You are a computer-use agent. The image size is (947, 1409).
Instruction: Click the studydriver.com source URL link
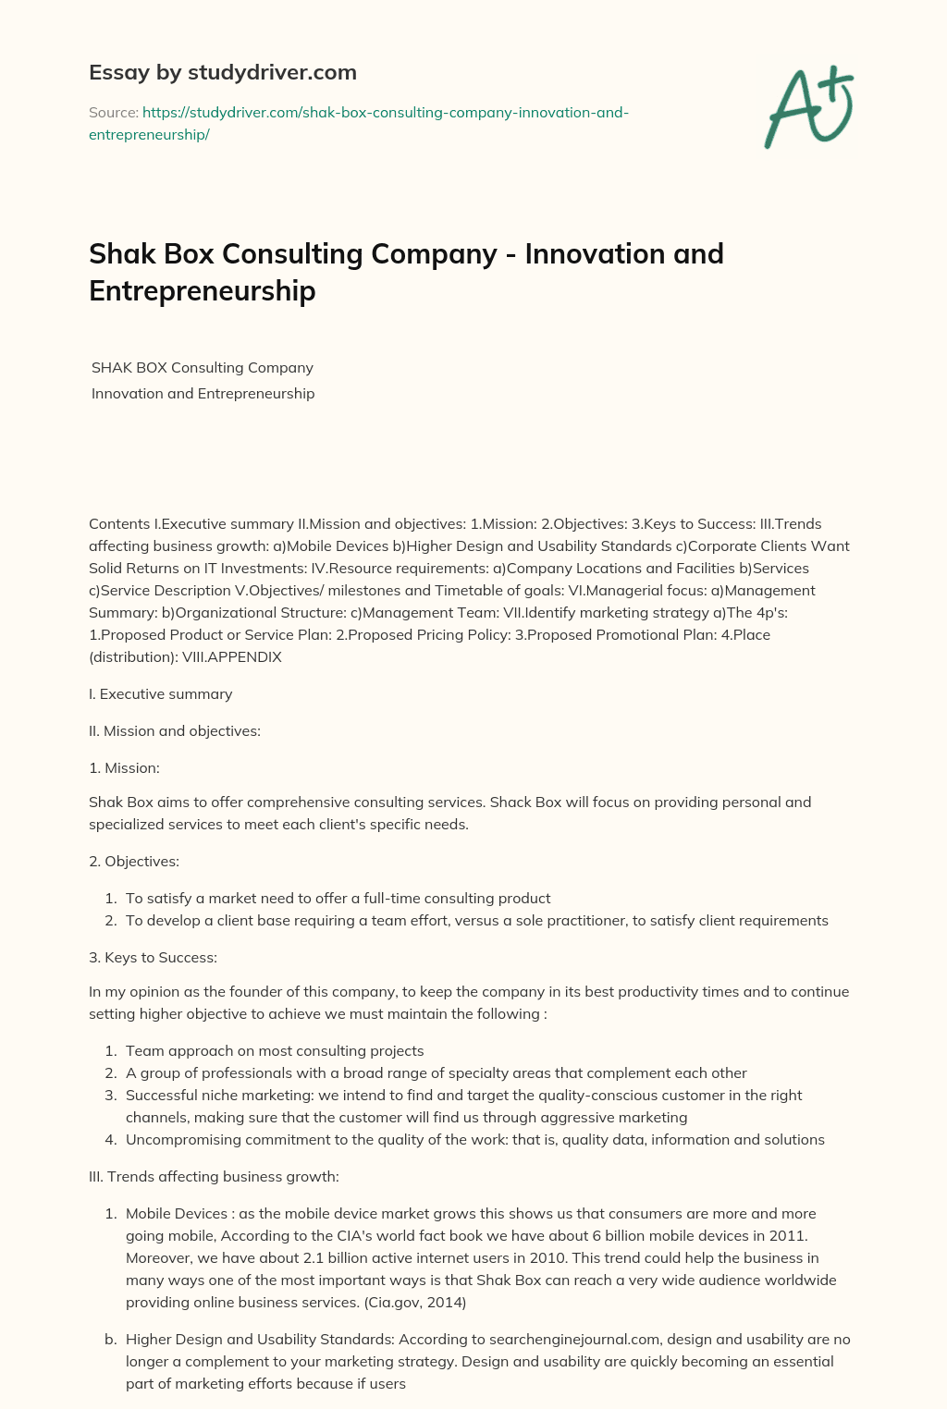[x=359, y=123]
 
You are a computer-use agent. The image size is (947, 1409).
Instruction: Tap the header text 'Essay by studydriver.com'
[x=222, y=72]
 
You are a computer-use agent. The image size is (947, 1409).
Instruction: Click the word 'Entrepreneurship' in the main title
[x=202, y=290]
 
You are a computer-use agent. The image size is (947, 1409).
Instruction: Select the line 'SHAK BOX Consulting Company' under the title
[x=203, y=367]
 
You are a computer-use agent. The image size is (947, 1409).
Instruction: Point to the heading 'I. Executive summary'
[x=160, y=693]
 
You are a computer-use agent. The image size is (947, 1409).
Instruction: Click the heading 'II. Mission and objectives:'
[x=175, y=730]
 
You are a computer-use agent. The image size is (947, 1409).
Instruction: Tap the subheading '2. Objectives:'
[x=134, y=861]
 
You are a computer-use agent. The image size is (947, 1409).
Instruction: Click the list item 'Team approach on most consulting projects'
[x=275, y=1050]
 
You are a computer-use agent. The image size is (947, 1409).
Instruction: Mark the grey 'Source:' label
[x=113, y=112]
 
